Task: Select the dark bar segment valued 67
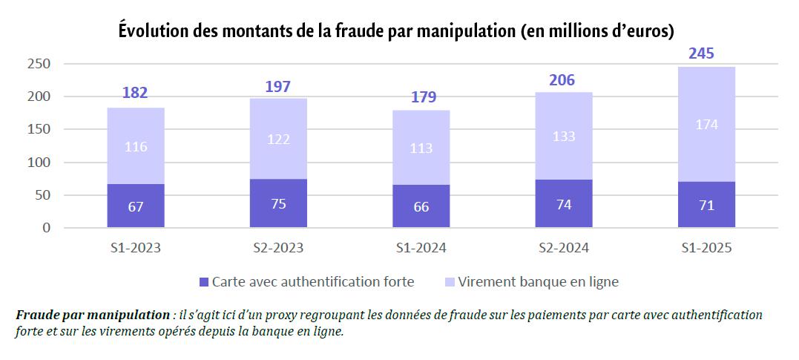point(136,206)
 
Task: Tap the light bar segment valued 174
point(706,124)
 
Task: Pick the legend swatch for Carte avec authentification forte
point(205,282)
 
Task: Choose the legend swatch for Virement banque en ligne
point(450,282)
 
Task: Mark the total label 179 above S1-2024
point(421,97)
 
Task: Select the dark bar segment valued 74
point(564,203)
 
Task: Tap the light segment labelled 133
point(564,136)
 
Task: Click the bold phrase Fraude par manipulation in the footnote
point(92,315)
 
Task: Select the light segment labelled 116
point(136,146)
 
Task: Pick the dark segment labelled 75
point(278,203)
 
